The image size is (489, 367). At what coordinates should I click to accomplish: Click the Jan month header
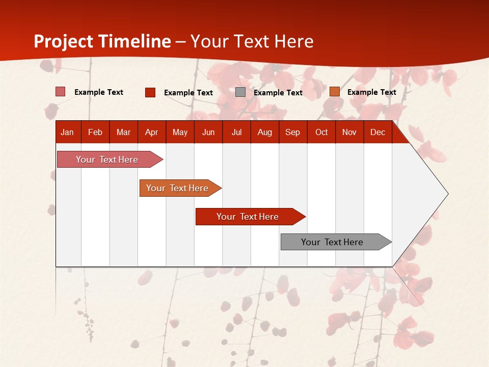point(67,133)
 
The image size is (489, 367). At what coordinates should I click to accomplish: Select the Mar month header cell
point(123,133)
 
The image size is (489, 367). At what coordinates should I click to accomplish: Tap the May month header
point(180,133)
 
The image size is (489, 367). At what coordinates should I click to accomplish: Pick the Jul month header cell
point(236,133)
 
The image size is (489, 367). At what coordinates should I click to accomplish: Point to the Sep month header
point(292,133)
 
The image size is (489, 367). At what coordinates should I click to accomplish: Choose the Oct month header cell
point(321,133)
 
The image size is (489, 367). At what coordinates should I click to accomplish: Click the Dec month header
point(377,133)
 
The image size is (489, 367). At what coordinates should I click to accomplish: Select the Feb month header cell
point(95,133)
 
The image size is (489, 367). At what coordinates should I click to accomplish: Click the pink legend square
point(61,92)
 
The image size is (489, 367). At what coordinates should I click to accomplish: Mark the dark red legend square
point(150,92)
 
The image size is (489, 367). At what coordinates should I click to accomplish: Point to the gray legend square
point(240,92)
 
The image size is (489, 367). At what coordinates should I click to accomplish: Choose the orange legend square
point(334,92)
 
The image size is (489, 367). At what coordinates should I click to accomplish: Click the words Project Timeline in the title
point(102,41)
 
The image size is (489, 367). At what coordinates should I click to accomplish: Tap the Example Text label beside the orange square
point(371,92)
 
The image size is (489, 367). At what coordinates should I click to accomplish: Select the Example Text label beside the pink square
point(99,92)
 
